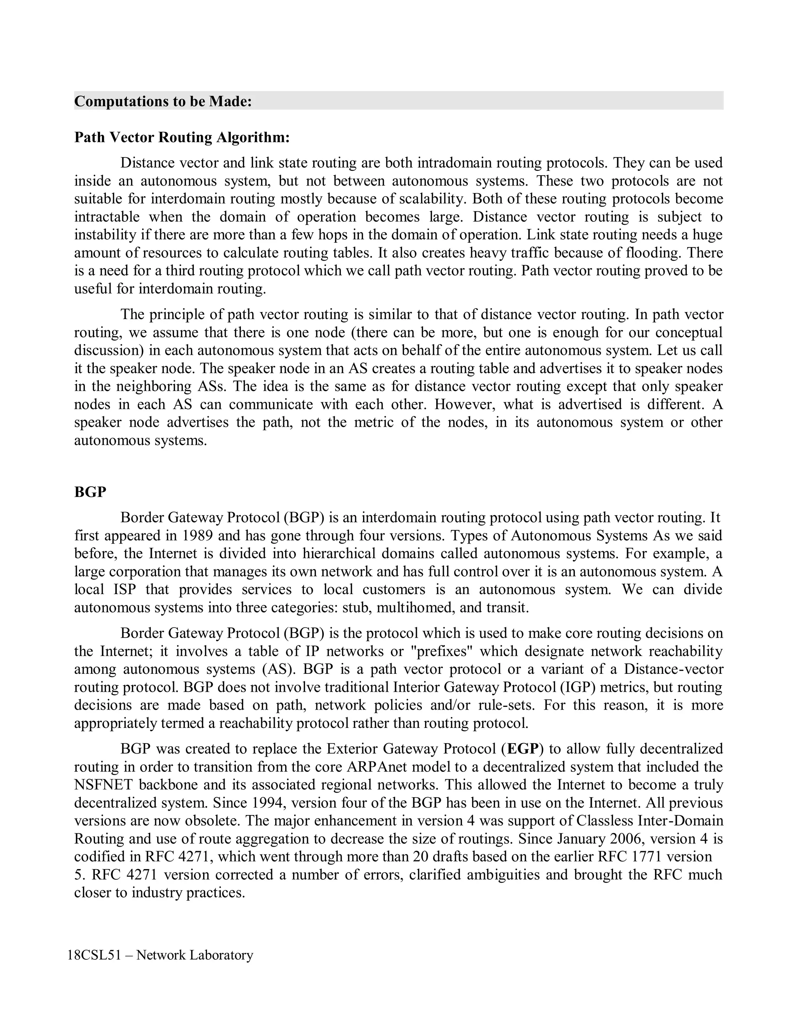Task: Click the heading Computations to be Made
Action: tap(163, 102)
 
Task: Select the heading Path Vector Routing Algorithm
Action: tap(182, 137)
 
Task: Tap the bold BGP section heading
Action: tap(90, 492)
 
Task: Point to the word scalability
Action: tap(432, 199)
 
